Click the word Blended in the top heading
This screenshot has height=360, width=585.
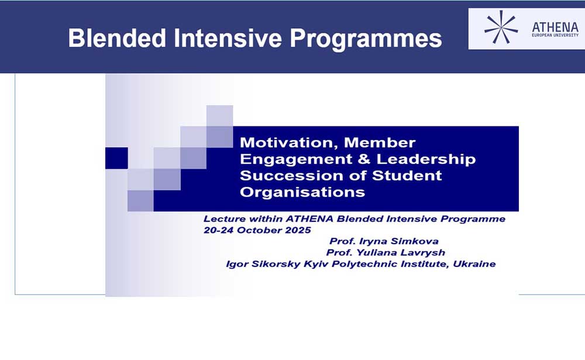pyautogui.click(x=117, y=38)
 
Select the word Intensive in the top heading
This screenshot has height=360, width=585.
pyautogui.click(x=228, y=38)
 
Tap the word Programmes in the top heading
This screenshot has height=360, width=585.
pyautogui.click(x=366, y=40)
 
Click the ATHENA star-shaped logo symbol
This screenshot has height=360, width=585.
pyautogui.click(x=501, y=28)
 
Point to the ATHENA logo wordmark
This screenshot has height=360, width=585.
pyautogui.click(x=555, y=28)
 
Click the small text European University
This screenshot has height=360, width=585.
pyautogui.click(x=555, y=35)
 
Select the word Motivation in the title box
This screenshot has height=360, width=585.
pyautogui.click(x=289, y=143)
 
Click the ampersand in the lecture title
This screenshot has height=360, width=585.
pyautogui.click(x=364, y=159)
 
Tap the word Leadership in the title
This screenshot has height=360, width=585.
pyautogui.click(x=426, y=160)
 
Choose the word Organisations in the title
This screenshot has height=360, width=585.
pyautogui.click(x=302, y=193)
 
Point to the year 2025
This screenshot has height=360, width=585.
pyautogui.click(x=298, y=230)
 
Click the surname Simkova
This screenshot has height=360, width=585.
pyautogui.click(x=415, y=241)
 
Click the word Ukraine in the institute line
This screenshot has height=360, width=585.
pyautogui.click(x=474, y=264)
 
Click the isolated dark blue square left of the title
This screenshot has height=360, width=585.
pyautogui.click(x=116, y=158)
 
